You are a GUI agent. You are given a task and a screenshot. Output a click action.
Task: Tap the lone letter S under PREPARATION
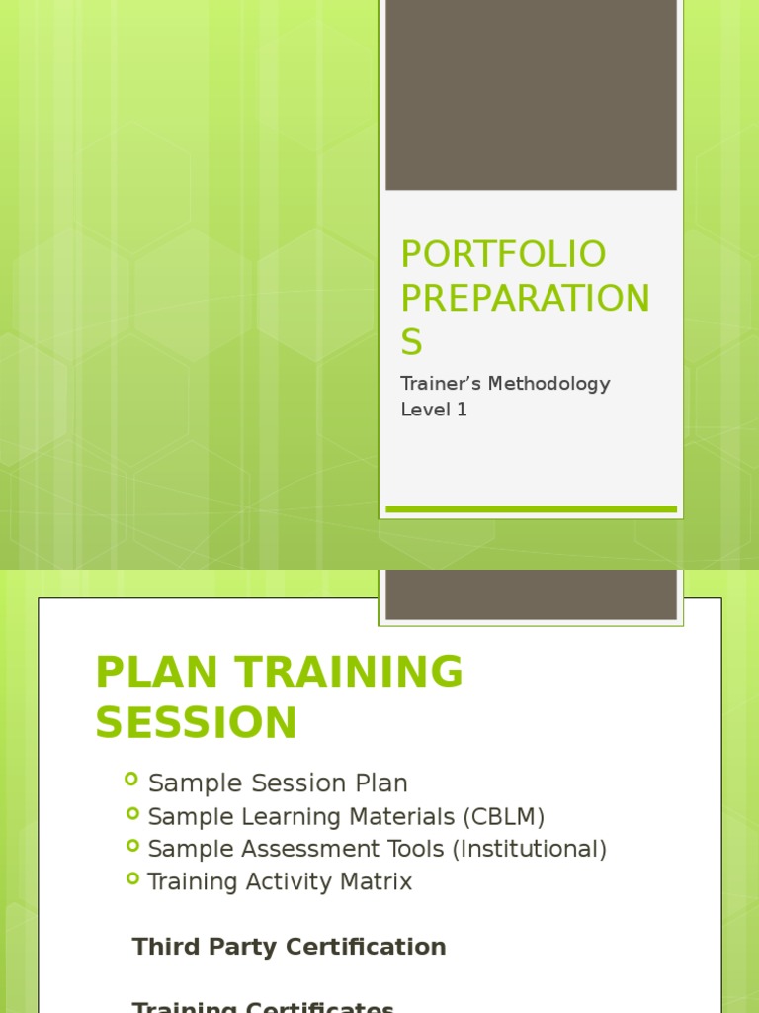(411, 341)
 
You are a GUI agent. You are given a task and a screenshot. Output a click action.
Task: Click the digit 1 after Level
(462, 410)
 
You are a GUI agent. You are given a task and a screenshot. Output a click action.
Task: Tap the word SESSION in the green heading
(196, 723)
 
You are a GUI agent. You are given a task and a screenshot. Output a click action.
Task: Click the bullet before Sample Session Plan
(131, 781)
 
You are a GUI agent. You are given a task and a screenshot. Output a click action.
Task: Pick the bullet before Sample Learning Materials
(131, 814)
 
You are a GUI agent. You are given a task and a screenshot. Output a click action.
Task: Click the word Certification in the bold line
(367, 947)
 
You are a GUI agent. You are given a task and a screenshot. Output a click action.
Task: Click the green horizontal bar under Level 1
(531, 509)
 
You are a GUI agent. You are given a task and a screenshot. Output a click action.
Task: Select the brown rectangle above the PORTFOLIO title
(531, 95)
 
